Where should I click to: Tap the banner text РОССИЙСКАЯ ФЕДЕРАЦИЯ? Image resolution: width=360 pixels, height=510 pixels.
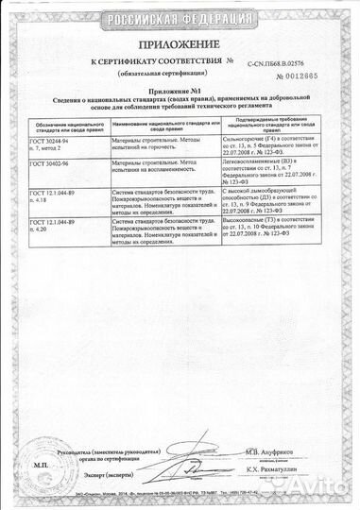click(180, 16)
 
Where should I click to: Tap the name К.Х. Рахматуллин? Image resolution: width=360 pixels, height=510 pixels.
click(278, 469)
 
